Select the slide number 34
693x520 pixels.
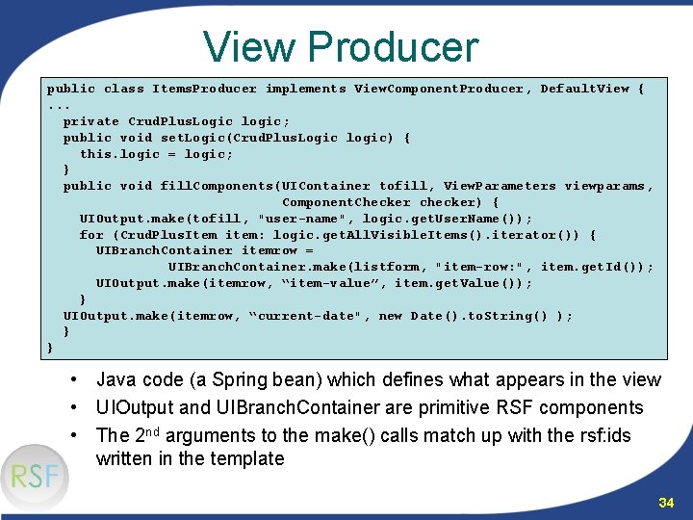pos(666,502)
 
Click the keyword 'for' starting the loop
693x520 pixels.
pos(91,235)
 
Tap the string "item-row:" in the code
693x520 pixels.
pos(478,267)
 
